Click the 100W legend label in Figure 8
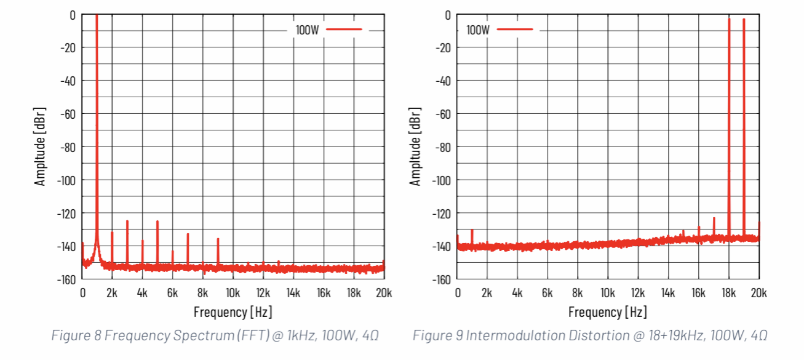pyautogui.click(x=307, y=30)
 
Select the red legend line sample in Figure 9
pyautogui.click(x=514, y=29)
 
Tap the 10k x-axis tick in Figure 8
pyautogui.click(x=233, y=292)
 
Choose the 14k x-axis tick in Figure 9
pyautogui.click(x=669, y=292)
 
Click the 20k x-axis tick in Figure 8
pyautogui.click(x=384, y=292)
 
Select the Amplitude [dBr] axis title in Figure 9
pyautogui.click(x=416, y=146)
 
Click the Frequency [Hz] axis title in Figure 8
pyautogui.click(x=233, y=311)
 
